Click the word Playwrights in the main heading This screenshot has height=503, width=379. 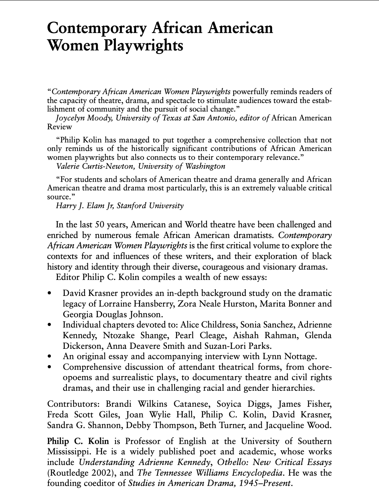144,45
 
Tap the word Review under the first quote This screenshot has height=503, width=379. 59,127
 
